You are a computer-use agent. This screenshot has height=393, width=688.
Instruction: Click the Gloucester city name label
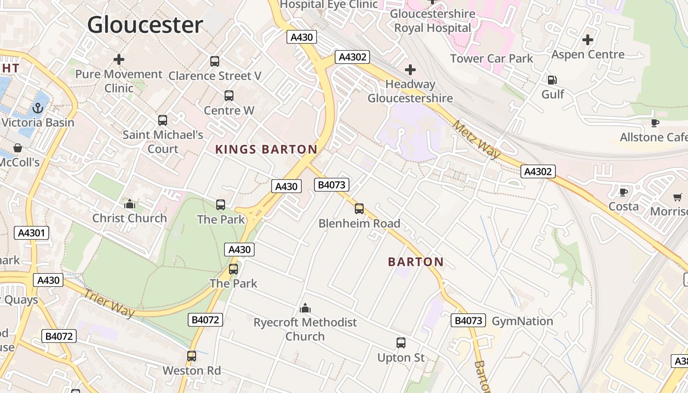pos(145,25)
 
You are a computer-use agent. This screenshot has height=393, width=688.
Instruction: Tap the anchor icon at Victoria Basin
pos(38,108)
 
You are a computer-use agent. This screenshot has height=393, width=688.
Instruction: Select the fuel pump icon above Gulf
pos(552,80)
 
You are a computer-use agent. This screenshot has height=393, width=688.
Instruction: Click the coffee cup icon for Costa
pos(624,192)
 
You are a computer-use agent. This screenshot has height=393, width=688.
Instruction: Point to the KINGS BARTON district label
pos(266,149)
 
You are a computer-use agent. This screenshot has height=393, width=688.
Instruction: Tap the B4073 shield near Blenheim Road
pos(332,185)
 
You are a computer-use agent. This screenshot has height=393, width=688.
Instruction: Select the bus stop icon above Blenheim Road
pos(359,209)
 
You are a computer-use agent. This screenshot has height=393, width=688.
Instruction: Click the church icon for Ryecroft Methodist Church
pos(305,308)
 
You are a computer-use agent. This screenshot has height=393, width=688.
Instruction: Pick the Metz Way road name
pos(476,140)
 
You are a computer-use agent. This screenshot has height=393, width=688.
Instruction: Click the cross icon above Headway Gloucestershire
pos(410,70)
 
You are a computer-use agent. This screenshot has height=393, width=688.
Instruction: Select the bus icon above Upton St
pos(401,343)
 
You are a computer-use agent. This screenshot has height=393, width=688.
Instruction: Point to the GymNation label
pos(522,321)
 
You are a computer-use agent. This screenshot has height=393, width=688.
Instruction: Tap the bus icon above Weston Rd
pos(192,356)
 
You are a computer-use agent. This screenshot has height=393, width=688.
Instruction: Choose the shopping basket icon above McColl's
pos(18,148)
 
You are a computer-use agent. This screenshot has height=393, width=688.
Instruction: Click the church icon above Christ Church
pos(130,203)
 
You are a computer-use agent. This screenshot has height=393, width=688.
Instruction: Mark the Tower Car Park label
pos(491,59)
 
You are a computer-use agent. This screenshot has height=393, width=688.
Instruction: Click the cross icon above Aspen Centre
pos(588,40)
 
